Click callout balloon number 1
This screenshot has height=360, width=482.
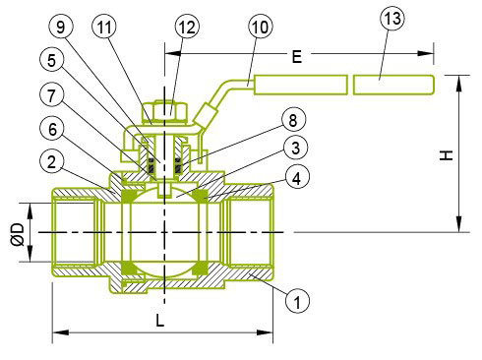click(x=297, y=301)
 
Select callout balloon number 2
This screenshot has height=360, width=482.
click(x=51, y=162)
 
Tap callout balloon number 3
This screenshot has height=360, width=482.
click(x=295, y=148)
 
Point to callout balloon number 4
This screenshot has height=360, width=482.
click(x=297, y=178)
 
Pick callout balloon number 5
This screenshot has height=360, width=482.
click(x=51, y=60)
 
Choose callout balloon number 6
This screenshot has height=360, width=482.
click(x=52, y=129)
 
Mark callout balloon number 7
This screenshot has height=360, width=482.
click(x=51, y=95)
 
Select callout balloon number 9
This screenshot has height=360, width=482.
click(x=61, y=27)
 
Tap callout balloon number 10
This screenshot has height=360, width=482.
click(x=261, y=27)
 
